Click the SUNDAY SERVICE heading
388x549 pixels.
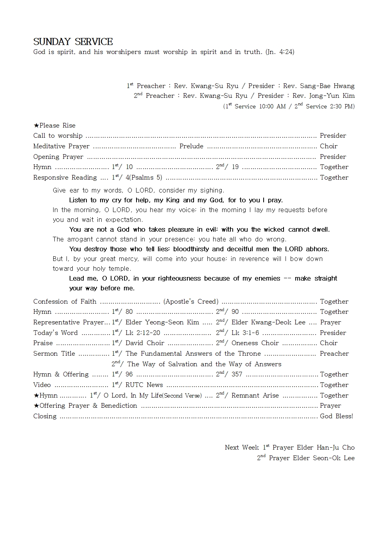tap(73, 42)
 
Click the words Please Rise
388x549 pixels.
tap(57, 126)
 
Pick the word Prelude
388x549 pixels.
tap(191, 146)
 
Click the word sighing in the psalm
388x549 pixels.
tap(211, 191)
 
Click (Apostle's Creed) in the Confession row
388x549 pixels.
tap(191, 302)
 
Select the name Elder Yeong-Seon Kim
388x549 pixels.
tap(162, 322)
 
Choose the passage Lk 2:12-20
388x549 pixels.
tap(142, 333)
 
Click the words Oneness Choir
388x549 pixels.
tap(255, 343)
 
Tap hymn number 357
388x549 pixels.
tap(237, 374)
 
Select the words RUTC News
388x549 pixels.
tap(144, 385)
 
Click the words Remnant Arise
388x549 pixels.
tap(255, 396)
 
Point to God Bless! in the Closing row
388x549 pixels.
tap(336, 416)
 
